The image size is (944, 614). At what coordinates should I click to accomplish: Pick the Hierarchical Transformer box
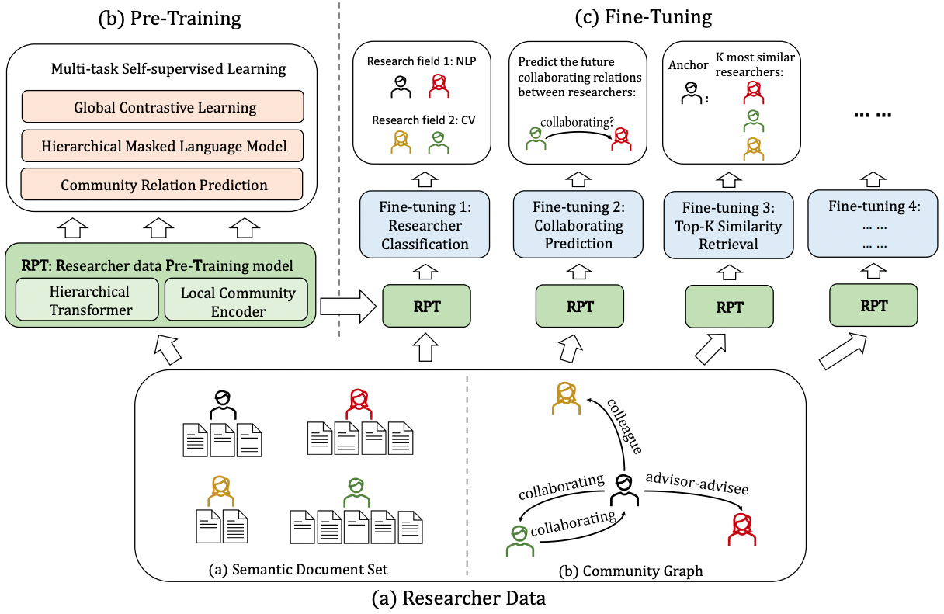(89, 300)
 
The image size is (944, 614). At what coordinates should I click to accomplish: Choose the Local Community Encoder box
(238, 300)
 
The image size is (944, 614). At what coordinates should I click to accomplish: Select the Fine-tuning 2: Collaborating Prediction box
(578, 225)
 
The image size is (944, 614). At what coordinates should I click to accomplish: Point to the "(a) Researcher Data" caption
(470, 598)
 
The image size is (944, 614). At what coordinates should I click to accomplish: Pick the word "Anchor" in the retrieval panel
(688, 65)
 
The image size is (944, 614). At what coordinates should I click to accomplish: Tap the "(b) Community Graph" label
(630, 571)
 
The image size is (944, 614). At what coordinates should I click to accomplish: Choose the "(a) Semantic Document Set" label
(298, 571)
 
